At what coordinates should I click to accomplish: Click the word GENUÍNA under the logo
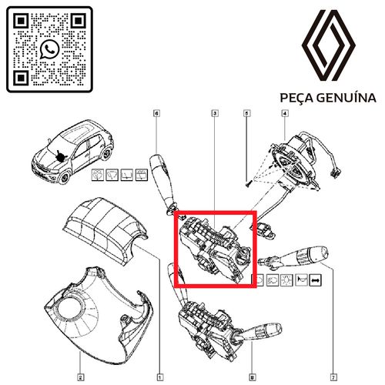(349, 99)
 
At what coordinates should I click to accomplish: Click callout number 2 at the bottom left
(80, 377)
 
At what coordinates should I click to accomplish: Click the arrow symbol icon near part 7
(315, 282)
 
